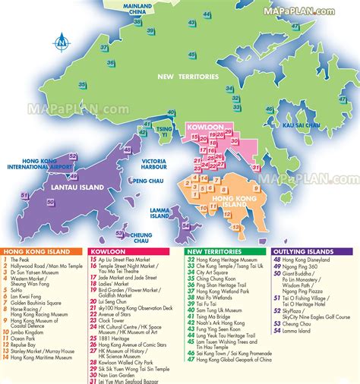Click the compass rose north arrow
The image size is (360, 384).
62,42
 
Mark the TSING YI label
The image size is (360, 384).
164,134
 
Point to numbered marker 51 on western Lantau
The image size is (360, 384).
24,195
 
